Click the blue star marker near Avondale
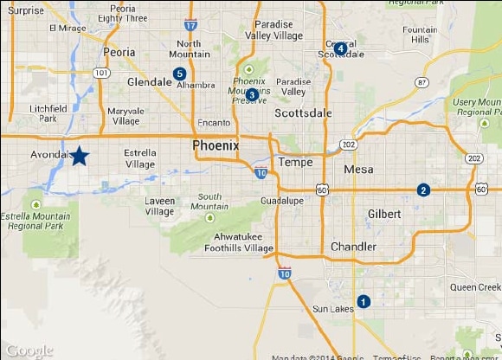click(79, 156)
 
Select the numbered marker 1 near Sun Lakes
click(364, 301)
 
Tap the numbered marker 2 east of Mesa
click(423, 190)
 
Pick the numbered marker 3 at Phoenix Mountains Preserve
click(252, 94)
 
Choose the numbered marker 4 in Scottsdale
click(341, 48)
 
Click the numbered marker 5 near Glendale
click(179, 74)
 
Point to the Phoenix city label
click(216, 145)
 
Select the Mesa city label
click(358, 170)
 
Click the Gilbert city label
click(384, 214)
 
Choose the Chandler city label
click(353, 247)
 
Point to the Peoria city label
click(119, 52)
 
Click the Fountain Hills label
click(419, 35)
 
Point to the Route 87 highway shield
click(422, 82)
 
